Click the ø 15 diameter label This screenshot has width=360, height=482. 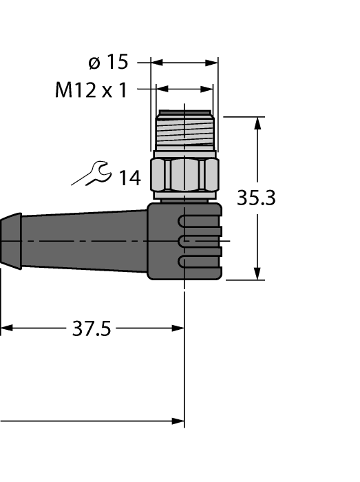tap(108, 63)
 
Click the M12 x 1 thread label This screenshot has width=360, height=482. tap(91, 90)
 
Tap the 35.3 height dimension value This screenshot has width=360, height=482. tap(256, 198)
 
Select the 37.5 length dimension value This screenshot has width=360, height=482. tap(92, 329)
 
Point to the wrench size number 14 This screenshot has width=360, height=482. tap(129, 178)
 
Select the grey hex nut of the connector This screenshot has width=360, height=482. tap(184, 175)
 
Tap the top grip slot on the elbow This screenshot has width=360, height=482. tap(200, 220)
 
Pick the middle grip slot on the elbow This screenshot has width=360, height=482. tap(200, 241)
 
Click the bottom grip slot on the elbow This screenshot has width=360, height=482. tap(200, 262)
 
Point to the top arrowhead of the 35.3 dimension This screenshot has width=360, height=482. tap(259, 123)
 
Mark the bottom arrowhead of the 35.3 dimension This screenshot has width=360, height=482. tap(259, 274)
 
